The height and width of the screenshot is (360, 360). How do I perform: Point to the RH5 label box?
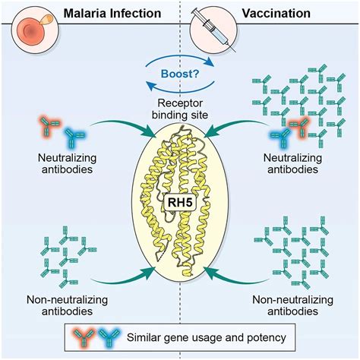point(180,203)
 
